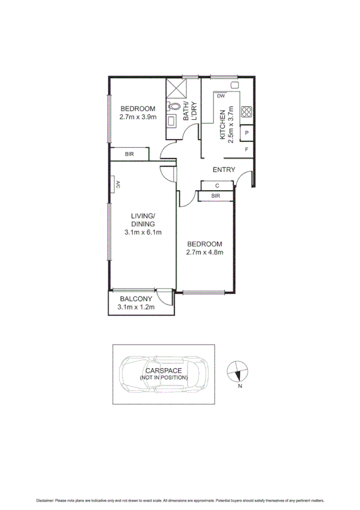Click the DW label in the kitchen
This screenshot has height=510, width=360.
(221, 96)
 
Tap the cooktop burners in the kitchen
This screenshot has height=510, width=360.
(246, 111)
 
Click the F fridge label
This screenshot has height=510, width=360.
(246, 150)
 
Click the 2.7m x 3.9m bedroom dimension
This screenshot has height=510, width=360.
(138, 117)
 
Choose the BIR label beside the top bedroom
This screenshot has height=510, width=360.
(129, 155)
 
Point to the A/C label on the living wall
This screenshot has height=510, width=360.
(118, 185)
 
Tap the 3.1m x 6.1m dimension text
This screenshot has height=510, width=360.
(143, 232)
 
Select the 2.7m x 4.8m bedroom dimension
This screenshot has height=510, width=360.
(205, 253)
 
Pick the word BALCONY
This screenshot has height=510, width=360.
(136, 299)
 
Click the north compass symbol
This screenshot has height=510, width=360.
(237, 372)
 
